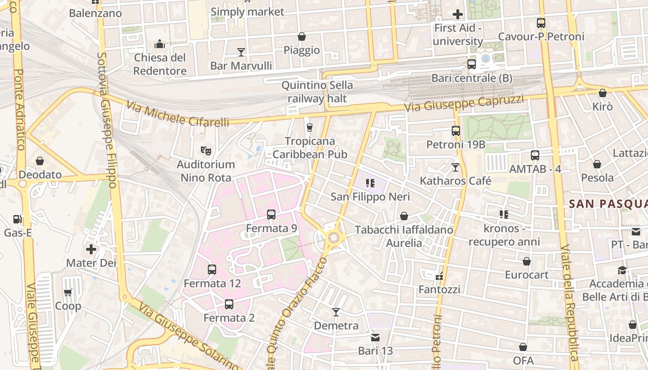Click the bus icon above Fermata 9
271,215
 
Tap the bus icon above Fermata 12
212,269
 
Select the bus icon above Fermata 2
229,304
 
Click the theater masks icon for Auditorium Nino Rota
206,150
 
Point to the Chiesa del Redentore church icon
160,44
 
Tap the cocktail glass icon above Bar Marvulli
241,52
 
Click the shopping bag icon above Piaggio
302,37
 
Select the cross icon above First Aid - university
458,14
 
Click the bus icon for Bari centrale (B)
472,64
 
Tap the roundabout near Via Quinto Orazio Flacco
334,238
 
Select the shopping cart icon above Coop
68,292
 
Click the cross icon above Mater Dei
91,249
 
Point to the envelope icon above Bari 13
375,338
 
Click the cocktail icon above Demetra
336,312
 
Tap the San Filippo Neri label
370,197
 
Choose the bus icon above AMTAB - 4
535,155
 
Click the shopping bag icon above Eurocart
526,261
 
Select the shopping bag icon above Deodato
40,161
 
